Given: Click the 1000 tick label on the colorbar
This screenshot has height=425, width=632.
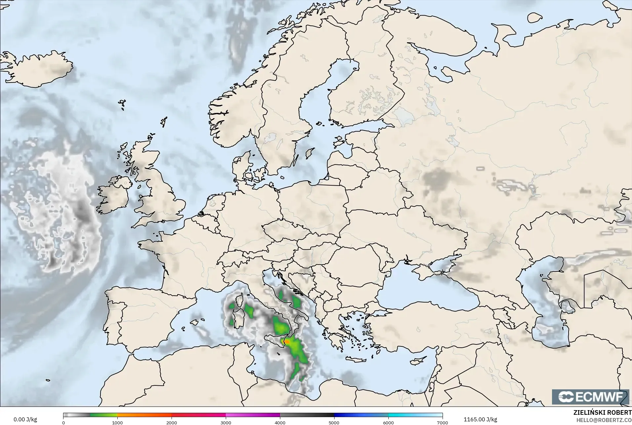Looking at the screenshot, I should pyautogui.click(x=117, y=422).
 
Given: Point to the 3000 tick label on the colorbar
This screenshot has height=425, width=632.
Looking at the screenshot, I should pyautogui.click(x=226, y=422).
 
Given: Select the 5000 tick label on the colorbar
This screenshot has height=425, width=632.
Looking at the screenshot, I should pyautogui.click(x=334, y=422).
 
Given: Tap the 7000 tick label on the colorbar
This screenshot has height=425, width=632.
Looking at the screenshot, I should pyautogui.click(x=442, y=422).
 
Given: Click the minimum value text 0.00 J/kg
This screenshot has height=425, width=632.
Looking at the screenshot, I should pyautogui.click(x=25, y=419).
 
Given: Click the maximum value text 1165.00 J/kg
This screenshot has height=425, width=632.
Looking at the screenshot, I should pyautogui.click(x=480, y=419).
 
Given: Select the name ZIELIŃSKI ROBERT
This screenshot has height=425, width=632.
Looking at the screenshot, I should pyautogui.click(x=602, y=413).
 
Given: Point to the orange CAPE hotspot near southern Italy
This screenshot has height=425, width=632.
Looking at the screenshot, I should pyautogui.click(x=287, y=341).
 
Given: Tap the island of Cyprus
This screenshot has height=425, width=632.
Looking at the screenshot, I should pyautogui.click(x=418, y=361).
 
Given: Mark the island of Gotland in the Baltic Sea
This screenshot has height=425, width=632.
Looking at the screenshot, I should pyautogui.click(x=310, y=153).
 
